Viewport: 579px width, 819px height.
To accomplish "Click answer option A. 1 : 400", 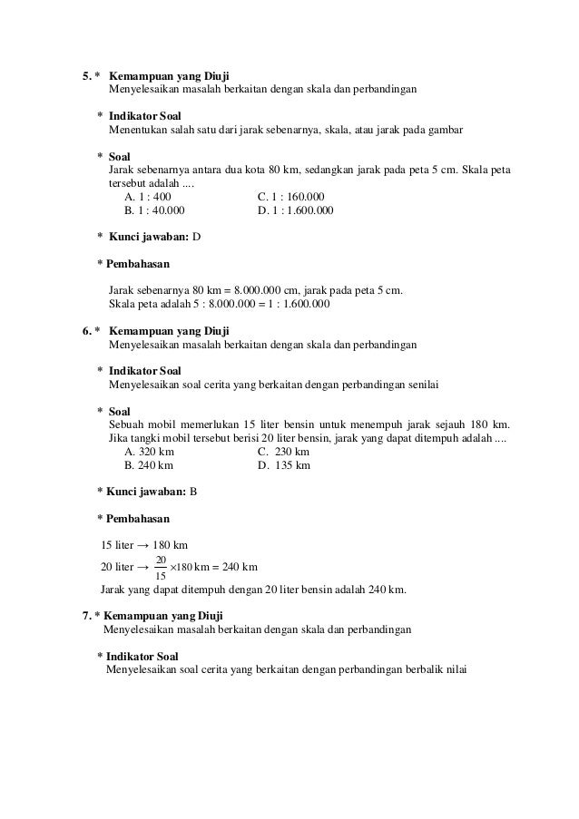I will [147, 196].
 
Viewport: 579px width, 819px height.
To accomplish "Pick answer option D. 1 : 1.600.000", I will [296, 210].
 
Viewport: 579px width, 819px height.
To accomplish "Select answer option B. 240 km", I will [148, 465].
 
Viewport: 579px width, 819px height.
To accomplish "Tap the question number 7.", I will [86, 617].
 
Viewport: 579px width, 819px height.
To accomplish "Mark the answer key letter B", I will [192, 492].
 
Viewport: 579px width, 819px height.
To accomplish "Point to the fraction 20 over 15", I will [161, 568].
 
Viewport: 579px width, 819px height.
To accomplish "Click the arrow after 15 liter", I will [142, 546].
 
